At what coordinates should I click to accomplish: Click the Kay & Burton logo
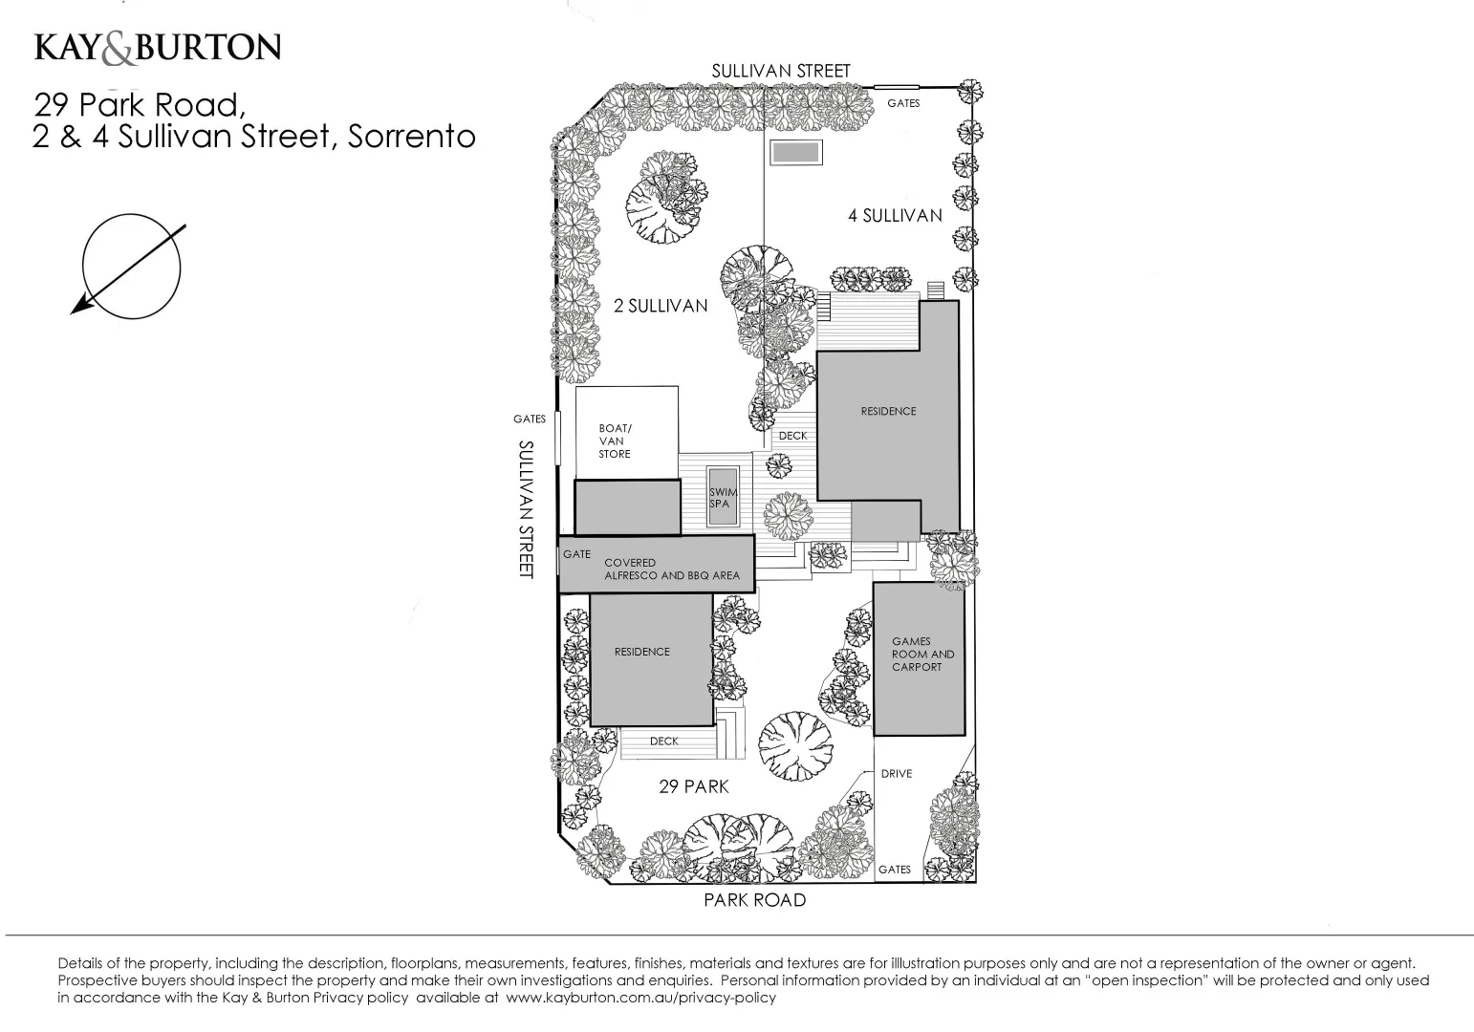(158, 48)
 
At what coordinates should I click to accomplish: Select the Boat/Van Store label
(615, 441)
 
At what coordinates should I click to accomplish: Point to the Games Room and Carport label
(921, 655)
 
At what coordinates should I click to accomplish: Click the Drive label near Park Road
(897, 773)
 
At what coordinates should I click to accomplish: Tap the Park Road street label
(754, 900)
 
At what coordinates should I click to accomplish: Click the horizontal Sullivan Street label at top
(780, 71)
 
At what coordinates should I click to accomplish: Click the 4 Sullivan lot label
(895, 216)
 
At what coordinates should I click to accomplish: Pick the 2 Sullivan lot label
(660, 306)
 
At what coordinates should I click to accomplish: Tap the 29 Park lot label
(693, 786)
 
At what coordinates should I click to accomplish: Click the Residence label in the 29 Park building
(641, 652)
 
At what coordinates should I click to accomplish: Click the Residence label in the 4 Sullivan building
(888, 411)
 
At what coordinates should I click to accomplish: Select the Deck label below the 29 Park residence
(663, 742)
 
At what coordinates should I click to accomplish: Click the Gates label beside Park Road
(895, 870)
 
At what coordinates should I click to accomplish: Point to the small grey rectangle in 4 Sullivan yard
(796, 152)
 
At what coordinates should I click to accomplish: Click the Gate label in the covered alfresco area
(576, 554)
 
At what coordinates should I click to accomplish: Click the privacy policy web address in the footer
(640, 998)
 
